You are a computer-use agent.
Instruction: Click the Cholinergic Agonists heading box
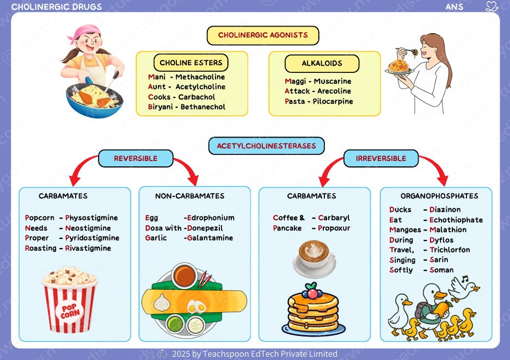tap(263, 35)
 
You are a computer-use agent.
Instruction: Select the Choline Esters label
tap(191, 62)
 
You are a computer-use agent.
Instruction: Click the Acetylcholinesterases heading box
tap(267, 146)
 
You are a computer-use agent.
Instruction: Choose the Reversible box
tap(136, 158)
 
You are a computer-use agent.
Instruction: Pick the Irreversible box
tap(381, 158)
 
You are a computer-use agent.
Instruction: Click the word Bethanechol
tap(202, 107)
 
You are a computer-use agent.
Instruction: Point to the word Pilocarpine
tap(333, 102)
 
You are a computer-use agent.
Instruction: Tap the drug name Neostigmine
tap(88, 228)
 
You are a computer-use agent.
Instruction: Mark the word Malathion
tap(448, 230)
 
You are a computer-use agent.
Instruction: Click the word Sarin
tap(439, 260)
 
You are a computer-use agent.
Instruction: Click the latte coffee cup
tap(315, 258)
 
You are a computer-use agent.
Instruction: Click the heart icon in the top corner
tap(491, 7)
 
